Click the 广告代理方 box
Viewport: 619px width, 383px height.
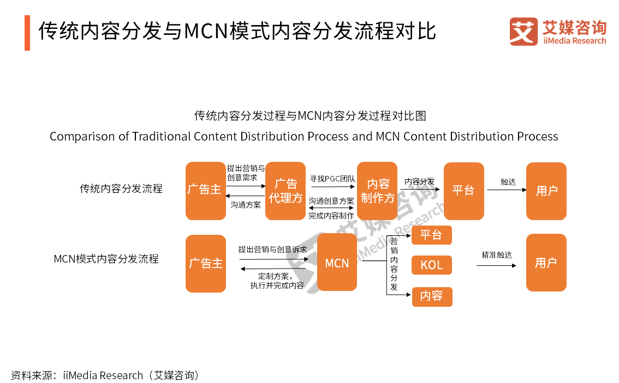[285, 191]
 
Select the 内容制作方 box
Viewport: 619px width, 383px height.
[377, 191]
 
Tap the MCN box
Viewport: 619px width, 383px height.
[337, 263]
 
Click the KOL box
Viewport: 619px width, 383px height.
[431, 265]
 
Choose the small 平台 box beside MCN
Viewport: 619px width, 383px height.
[431, 235]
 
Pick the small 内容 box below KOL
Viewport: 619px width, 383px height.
[431, 296]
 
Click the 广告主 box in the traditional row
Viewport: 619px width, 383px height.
[205, 191]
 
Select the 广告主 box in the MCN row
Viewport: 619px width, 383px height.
[205, 263]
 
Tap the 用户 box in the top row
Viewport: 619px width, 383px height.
[546, 191]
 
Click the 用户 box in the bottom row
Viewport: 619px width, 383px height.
[546, 263]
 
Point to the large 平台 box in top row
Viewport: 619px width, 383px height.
[463, 191]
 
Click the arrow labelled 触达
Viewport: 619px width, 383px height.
[507, 190]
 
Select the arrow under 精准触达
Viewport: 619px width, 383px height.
[496, 265]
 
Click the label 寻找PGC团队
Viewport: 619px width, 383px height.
[332, 178]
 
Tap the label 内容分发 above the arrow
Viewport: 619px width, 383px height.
[419, 181]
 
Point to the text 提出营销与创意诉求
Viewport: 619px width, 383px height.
[272, 250]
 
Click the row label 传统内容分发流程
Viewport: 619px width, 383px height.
[121, 189]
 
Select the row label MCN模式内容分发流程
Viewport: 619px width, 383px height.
[106, 259]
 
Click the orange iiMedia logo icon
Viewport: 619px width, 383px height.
[523, 32]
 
